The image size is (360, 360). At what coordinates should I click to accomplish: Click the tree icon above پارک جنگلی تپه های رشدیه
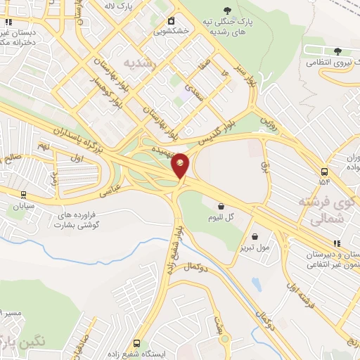pyautogui.click(x=226, y=10)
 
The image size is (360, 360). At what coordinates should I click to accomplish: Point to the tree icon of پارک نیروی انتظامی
pyautogui.click(x=337, y=51)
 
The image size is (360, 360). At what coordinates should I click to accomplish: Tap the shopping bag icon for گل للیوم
pyautogui.click(x=221, y=207)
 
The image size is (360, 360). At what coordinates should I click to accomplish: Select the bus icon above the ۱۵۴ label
pyautogui.click(x=324, y=172)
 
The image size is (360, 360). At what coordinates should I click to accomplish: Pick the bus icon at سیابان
pyautogui.click(x=23, y=195)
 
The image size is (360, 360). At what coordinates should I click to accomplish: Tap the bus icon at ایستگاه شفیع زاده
pyautogui.click(x=136, y=344)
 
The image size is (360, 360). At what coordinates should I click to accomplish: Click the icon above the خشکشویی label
pyautogui.click(x=170, y=21)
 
